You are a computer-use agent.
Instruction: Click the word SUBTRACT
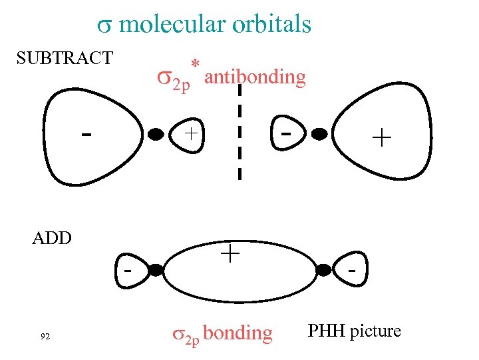coord(65,58)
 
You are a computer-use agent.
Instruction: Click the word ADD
coord(52,238)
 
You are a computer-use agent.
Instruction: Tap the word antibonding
coord(255,77)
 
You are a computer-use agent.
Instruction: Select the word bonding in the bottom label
coord(238,333)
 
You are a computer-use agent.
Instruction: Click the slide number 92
coord(45,336)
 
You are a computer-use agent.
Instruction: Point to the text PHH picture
coord(355,331)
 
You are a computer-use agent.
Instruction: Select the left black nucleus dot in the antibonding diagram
coord(155,133)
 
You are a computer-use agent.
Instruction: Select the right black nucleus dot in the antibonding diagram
coord(320,133)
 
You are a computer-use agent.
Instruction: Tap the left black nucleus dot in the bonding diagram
coord(156,270)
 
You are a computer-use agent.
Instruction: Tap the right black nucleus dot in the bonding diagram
coord(323,270)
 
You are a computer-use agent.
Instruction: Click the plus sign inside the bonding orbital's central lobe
coord(230,253)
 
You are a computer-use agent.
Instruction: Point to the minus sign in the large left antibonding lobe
coord(86,134)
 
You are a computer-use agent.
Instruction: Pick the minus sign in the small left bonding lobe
coord(126,271)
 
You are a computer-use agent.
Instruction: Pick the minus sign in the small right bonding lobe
coord(353,271)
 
